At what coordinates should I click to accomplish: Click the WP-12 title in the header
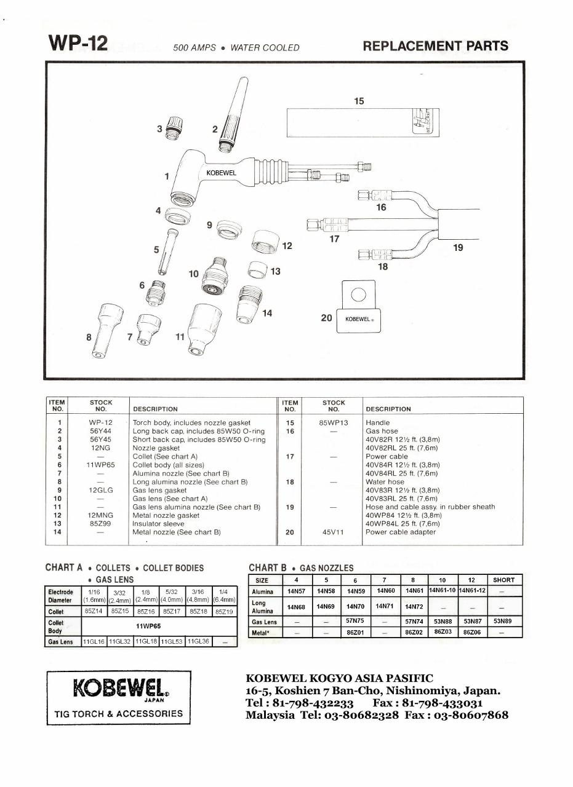point(78,44)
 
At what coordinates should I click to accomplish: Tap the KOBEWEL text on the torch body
point(221,173)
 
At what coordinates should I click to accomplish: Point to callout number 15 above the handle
point(359,101)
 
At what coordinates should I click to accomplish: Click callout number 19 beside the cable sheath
point(458,247)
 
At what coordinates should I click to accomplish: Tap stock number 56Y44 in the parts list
point(101,432)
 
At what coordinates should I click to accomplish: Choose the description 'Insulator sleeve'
point(158,524)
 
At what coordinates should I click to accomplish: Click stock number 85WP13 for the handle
point(334,423)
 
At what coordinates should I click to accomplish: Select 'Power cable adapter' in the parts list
point(400,532)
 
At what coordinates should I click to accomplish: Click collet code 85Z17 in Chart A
point(172,612)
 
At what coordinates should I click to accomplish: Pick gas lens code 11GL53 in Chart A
point(172,641)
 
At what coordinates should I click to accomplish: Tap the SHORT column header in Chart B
point(503,580)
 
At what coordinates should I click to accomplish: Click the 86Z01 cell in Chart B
point(355,632)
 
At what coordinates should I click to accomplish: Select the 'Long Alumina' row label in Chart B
point(263,607)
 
